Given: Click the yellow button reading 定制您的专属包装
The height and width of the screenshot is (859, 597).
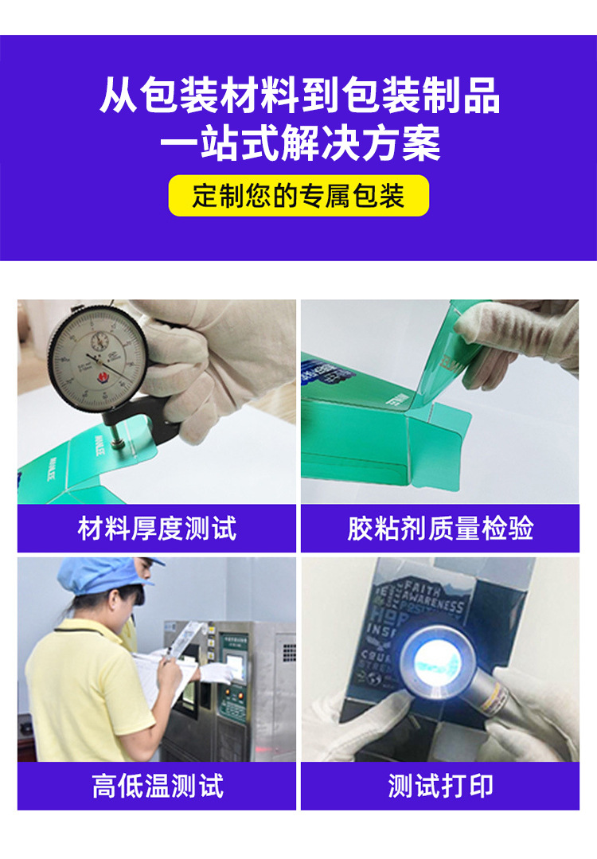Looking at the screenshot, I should (298, 196).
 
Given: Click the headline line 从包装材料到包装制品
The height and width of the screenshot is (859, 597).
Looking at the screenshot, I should (298, 96).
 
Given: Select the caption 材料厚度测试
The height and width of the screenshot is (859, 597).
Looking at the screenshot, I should (157, 529).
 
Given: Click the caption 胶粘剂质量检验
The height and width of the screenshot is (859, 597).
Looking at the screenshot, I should (439, 529).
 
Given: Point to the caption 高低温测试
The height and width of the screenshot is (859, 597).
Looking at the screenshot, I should (157, 786).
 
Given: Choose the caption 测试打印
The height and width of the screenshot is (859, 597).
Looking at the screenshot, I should (439, 786).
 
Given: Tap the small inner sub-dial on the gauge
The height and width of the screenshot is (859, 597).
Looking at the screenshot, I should (100, 341).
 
